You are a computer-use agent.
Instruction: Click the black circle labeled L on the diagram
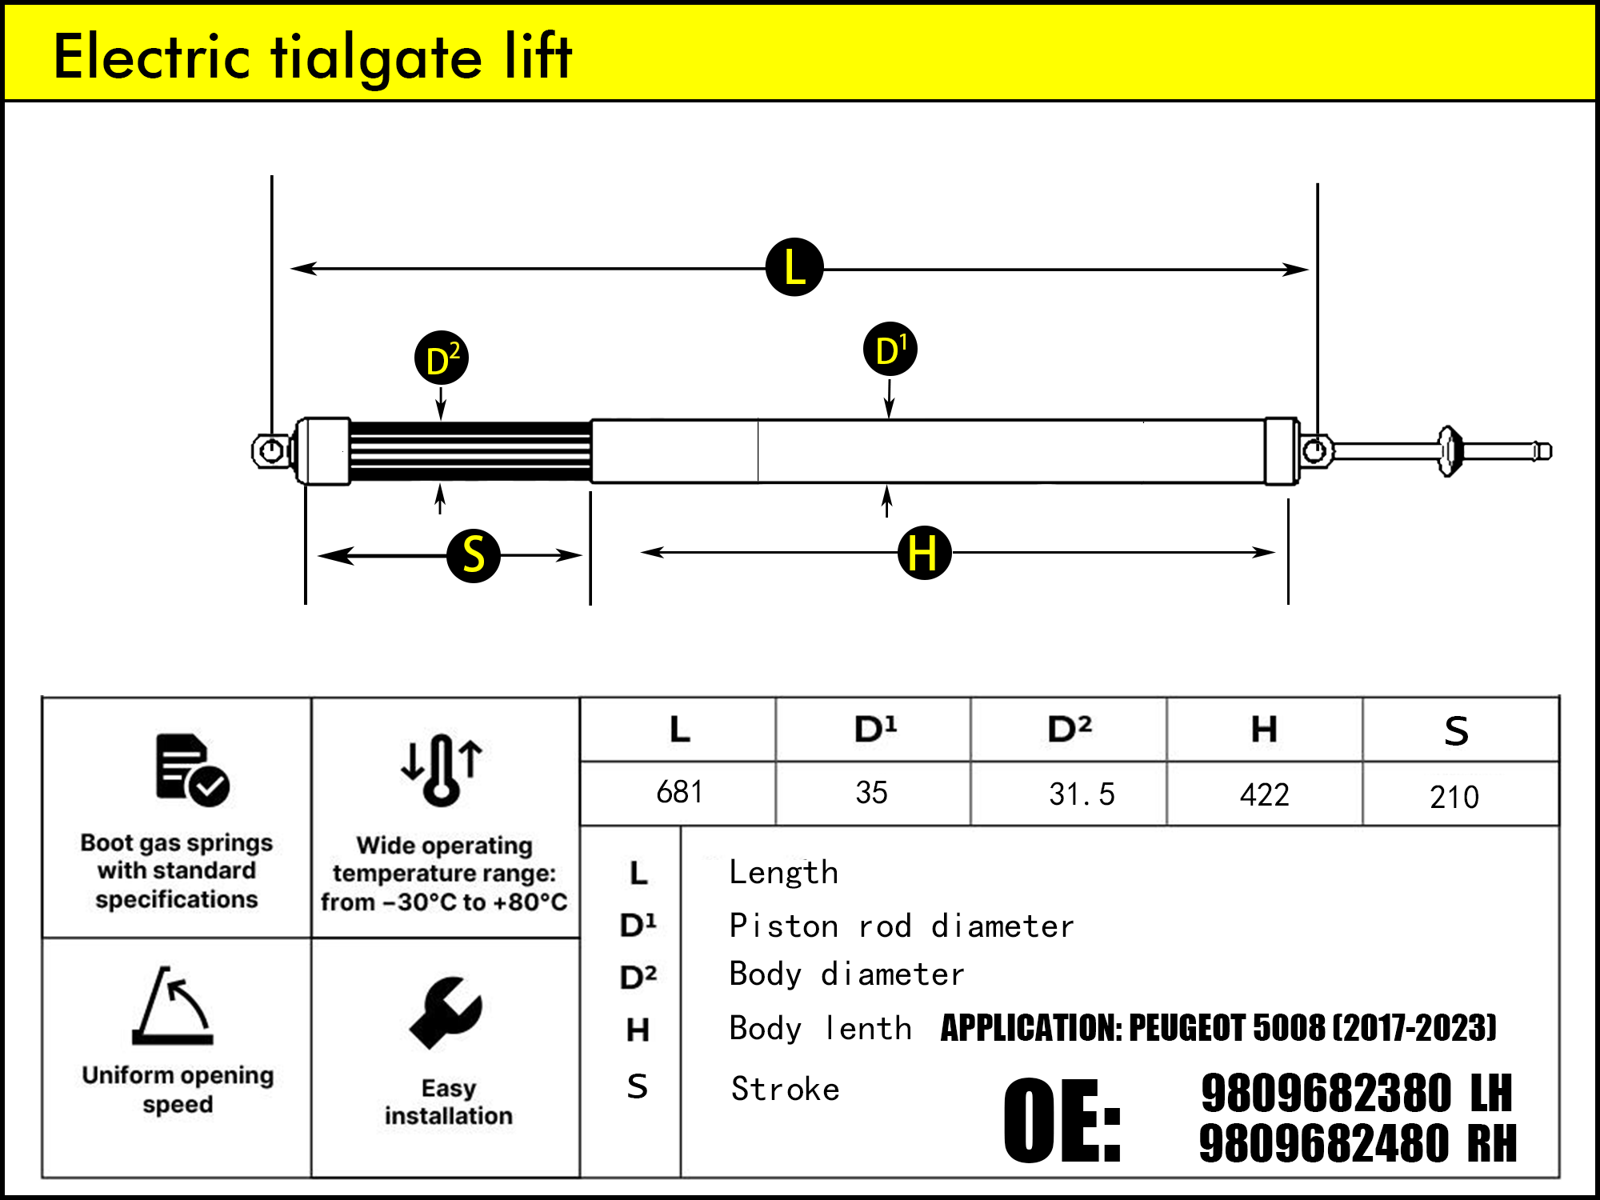click(x=794, y=267)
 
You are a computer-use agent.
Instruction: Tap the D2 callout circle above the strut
click(x=442, y=358)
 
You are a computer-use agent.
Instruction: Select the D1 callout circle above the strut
click(x=890, y=350)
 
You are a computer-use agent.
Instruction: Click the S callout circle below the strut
click(x=474, y=555)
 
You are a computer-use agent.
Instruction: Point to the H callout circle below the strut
click(x=924, y=553)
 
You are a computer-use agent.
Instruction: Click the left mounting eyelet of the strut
click(x=271, y=451)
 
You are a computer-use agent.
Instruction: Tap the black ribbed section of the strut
click(x=470, y=451)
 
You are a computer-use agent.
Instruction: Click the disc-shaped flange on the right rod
click(x=1449, y=451)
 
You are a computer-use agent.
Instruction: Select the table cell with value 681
click(x=678, y=793)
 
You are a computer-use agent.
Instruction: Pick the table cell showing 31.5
click(x=1081, y=794)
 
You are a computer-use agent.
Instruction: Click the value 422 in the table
click(x=1264, y=794)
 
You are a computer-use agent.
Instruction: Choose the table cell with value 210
click(x=1454, y=797)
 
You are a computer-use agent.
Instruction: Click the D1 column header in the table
click(x=874, y=730)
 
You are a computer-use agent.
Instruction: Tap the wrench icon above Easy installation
click(x=446, y=1012)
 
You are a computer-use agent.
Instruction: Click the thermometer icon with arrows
click(x=442, y=769)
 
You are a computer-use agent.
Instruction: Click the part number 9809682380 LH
click(x=1356, y=1094)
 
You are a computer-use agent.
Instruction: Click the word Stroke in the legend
click(x=785, y=1090)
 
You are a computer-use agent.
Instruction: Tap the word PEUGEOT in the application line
click(x=1186, y=1028)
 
